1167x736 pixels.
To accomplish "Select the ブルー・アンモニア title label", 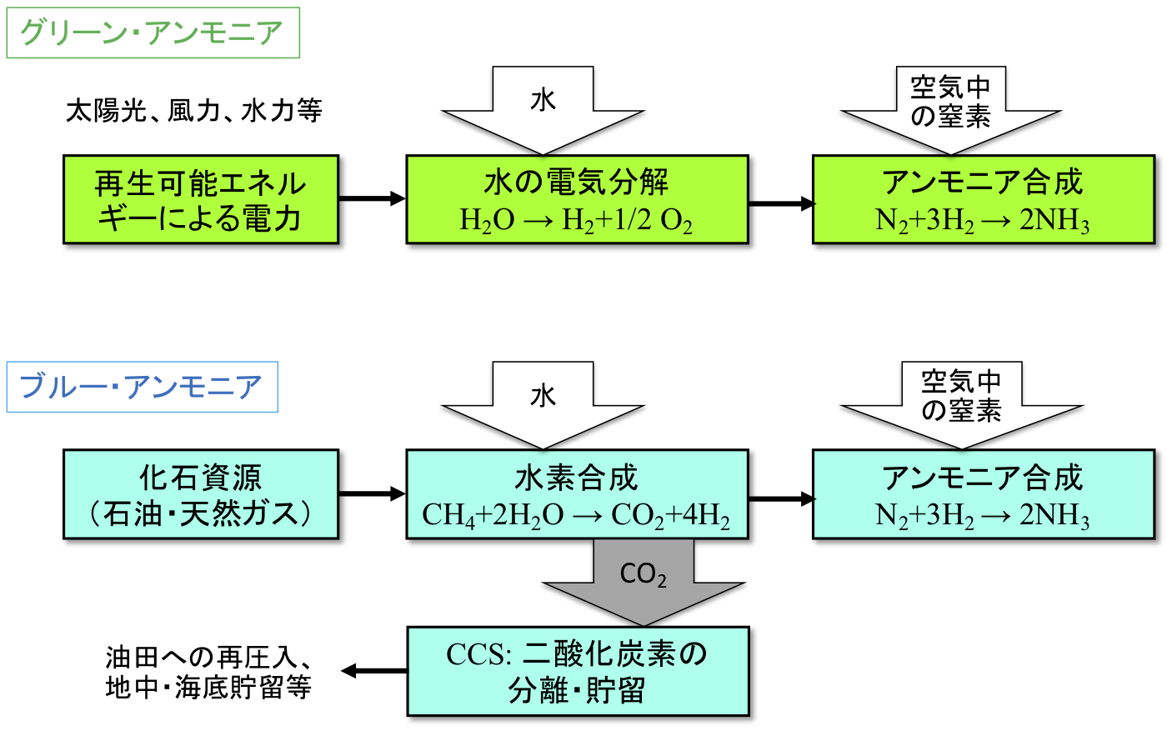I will pyautogui.click(x=142, y=388).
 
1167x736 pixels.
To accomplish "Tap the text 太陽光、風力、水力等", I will pyautogui.click(x=193, y=111).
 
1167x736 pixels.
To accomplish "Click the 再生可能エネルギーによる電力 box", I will pyautogui.click(x=201, y=199).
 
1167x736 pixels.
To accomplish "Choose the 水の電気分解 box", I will pyautogui.click(x=577, y=199).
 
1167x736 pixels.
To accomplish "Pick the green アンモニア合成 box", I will pyautogui.click(x=984, y=199).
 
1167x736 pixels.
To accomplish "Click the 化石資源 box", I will pyautogui.click(x=201, y=494).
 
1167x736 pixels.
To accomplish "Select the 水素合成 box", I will pyautogui.click(x=577, y=494).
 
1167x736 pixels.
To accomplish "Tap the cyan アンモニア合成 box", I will pyautogui.click(x=984, y=494).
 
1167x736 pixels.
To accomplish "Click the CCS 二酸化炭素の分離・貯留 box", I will pyautogui.click(x=578, y=672).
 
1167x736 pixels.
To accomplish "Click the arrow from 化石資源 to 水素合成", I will pyautogui.click(x=372, y=494).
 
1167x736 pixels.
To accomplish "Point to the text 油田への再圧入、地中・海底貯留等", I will pyautogui.click(x=208, y=672).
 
